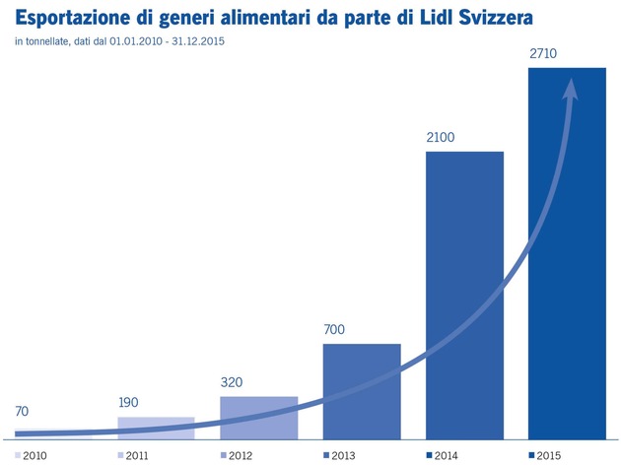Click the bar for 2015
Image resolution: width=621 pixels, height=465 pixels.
[x=567, y=253]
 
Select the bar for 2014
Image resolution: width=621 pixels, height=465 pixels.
[x=464, y=296]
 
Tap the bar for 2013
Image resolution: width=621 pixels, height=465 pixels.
[x=362, y=391]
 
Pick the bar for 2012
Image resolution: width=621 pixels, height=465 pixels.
[x=259, y=418]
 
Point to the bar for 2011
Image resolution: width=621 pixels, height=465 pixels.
[x=156, y=429]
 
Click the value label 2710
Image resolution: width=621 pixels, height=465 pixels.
[x=543, y=53]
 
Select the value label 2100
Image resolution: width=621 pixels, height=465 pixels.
[x=441, y=137]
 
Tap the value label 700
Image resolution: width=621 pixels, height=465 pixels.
[x=334, y=329]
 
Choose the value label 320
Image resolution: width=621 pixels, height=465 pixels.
[x=232, y=382]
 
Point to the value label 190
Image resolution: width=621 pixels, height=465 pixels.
[x=128, y=403]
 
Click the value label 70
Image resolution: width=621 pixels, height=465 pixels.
[x=22, y=412]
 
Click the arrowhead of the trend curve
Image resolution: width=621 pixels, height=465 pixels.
[x=571, y=89]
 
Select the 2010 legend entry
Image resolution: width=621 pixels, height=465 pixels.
[x=31, y=456]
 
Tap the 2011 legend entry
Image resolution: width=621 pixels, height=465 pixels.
[x=133, y=456]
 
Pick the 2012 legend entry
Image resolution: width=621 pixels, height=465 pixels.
[x=237, y=456]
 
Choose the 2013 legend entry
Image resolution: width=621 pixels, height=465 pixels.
[x=339, y=456]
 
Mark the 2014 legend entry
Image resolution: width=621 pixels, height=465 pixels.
[x=442, y=456]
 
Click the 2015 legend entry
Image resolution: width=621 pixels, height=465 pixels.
[x=545, y=456]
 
